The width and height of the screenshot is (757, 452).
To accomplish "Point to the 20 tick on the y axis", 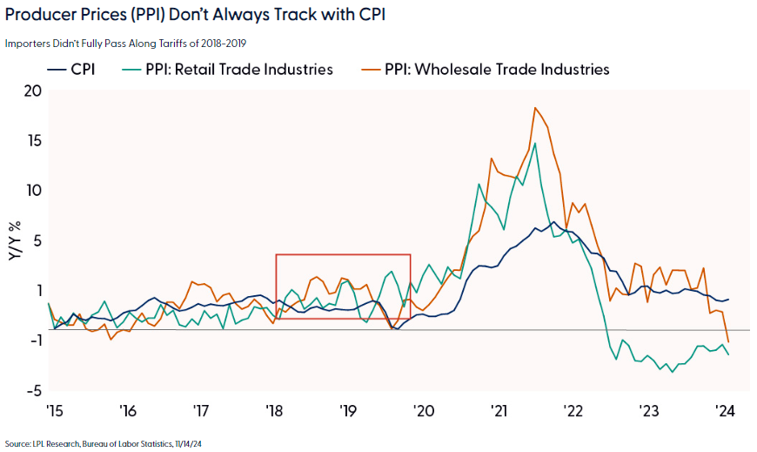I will pos(33,91).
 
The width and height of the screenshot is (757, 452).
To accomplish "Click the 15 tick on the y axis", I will pos(33,140).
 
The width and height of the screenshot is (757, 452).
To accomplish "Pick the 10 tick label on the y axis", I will pos(33,190).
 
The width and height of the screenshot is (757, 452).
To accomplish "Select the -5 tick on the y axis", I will pos(32,390).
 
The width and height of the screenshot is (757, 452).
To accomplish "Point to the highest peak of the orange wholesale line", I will pos(535,108).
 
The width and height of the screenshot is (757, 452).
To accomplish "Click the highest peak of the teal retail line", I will pos(534,144).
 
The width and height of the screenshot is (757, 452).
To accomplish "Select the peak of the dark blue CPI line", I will pos(554,221).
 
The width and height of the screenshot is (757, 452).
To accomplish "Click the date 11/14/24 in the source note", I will pos(188,443).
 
